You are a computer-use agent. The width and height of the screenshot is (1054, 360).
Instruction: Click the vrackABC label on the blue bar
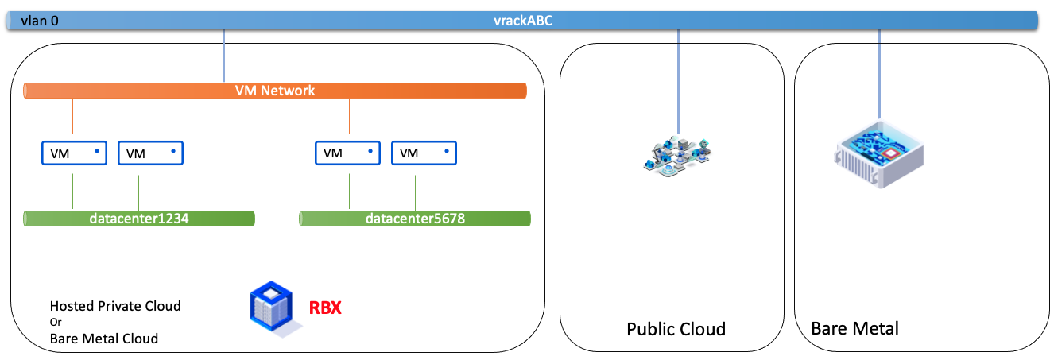pyautogui.click(x=522, y=21)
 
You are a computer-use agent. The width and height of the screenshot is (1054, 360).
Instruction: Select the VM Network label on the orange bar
pyautogui.click(x=275, y=91)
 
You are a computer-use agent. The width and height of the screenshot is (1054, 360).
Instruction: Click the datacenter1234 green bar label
pyautogui.click(x=139, y=219)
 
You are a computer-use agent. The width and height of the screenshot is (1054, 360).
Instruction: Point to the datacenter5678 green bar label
pyautogui.click(x=415, y=219)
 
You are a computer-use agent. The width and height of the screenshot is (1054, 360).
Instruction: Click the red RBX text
pyautogui.click(x=325, y=308)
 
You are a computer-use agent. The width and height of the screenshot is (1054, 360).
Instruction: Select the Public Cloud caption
pyautogui.click(x=676, y=329)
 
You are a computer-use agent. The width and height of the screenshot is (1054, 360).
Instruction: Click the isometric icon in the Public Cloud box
pyautogui.click(x=677, y=155)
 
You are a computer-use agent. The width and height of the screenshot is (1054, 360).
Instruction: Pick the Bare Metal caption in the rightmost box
pyautogui.click(x=854, y=328)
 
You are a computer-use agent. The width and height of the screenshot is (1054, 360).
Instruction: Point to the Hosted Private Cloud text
pyautogui.click(x=115, y=306)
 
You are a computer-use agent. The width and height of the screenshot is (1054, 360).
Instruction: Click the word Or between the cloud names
pyautogui.click(x=55, y=322)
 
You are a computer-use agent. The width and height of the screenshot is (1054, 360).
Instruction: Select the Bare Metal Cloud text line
pyautogui.click(x=104, y=339)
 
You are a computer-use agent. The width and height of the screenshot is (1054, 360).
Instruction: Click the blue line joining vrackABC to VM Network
pyautogui.click(x=224, y=56)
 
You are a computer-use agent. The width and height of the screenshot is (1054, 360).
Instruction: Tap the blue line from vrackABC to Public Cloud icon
pyautogui.click(x=678, y=79)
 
